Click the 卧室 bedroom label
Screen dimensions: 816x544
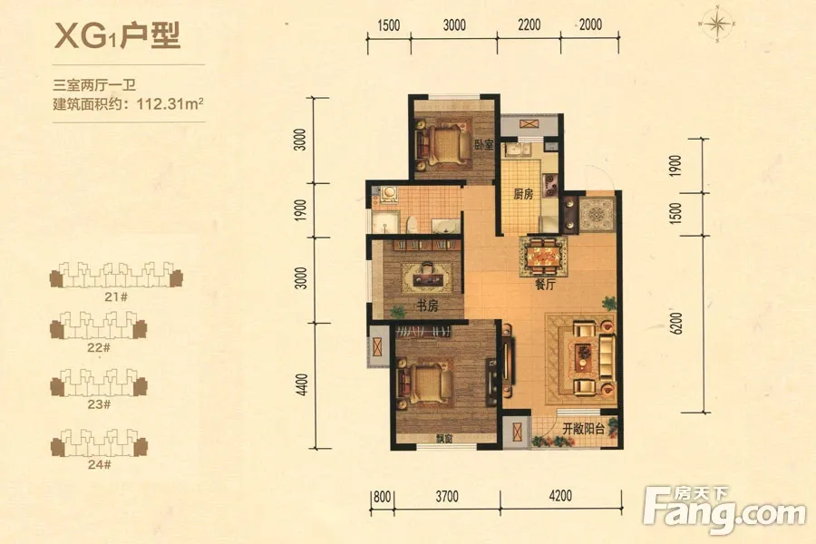pos(483,144)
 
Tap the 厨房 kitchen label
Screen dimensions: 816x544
pos(523,194)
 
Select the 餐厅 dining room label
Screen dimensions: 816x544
pos(545,284)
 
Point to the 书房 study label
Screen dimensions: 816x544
pos(427,306)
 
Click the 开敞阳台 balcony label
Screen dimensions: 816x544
pos(583,429)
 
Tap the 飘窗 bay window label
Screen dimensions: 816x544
pos(445,439)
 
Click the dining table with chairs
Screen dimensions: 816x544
pos(543,257)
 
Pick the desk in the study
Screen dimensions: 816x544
pos(427,278)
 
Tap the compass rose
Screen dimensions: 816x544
pos(717,24)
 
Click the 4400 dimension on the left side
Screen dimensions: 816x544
pos(302,384)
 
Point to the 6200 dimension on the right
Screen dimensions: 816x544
pos(676,324)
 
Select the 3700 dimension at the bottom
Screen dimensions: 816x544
pos(447,496)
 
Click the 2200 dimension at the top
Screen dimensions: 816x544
pos(529,24)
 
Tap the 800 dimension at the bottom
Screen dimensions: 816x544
pos(382,497)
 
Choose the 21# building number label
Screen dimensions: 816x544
pos(116,296)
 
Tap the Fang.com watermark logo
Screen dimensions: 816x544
pos(724,510)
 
